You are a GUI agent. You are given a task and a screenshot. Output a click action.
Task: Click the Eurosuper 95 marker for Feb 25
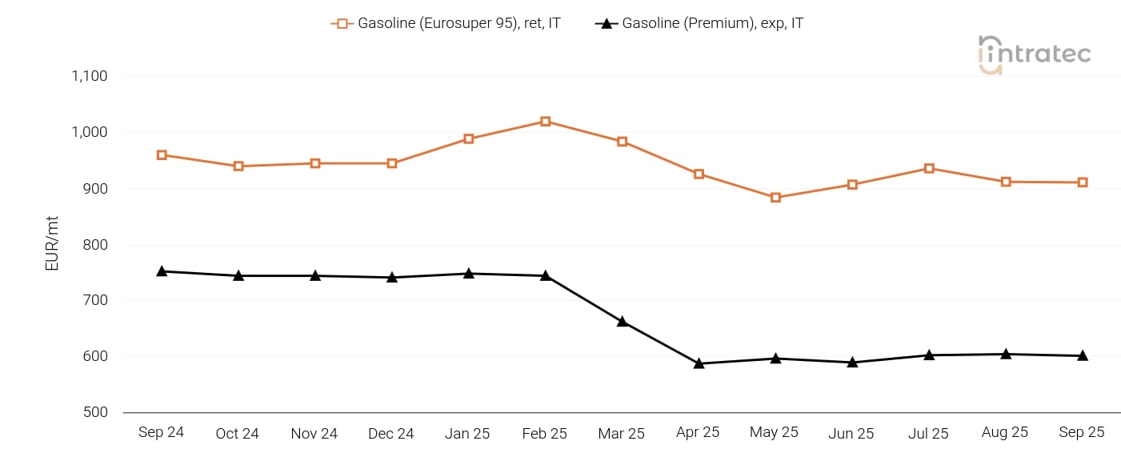[x=545, y=122]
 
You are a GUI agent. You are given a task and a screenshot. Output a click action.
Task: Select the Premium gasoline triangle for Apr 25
[x=699, y=363]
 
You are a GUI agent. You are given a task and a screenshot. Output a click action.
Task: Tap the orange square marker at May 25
[x=775, y=198]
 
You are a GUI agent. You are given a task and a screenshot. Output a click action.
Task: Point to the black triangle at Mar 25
[x=622, y=322]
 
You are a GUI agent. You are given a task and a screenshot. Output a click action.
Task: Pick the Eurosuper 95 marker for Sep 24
[x=162, y=155]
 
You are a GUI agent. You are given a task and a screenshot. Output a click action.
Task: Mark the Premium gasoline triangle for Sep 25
[x=1083, y=355]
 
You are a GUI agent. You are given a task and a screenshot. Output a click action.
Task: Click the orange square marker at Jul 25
[x=929, y=169]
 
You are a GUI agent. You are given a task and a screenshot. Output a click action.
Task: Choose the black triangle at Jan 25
[x=469, y=274]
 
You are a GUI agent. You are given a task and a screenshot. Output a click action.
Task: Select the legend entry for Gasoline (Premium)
[x=699, y=23]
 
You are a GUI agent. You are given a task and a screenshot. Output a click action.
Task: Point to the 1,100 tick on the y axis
[x=89, y=77]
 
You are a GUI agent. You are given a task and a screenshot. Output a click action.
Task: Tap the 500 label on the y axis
[x=95, y=413]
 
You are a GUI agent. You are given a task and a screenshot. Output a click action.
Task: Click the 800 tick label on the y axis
[x=95, y=245]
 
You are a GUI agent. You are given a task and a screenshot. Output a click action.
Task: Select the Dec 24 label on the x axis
[x=391, y=434]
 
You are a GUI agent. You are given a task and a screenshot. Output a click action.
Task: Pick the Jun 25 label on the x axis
[x=851, y=434]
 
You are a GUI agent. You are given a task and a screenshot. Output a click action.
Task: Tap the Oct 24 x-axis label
[x=238, y=434]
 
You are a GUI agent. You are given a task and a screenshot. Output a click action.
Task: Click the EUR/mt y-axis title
[x=53, y=243]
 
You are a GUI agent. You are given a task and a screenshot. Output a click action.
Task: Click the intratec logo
[x=1034, y=54]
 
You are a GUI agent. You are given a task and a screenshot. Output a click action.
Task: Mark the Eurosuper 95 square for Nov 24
[x=315, y=163]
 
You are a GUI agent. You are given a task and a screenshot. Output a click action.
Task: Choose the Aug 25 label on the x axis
[x=1005, y=432]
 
